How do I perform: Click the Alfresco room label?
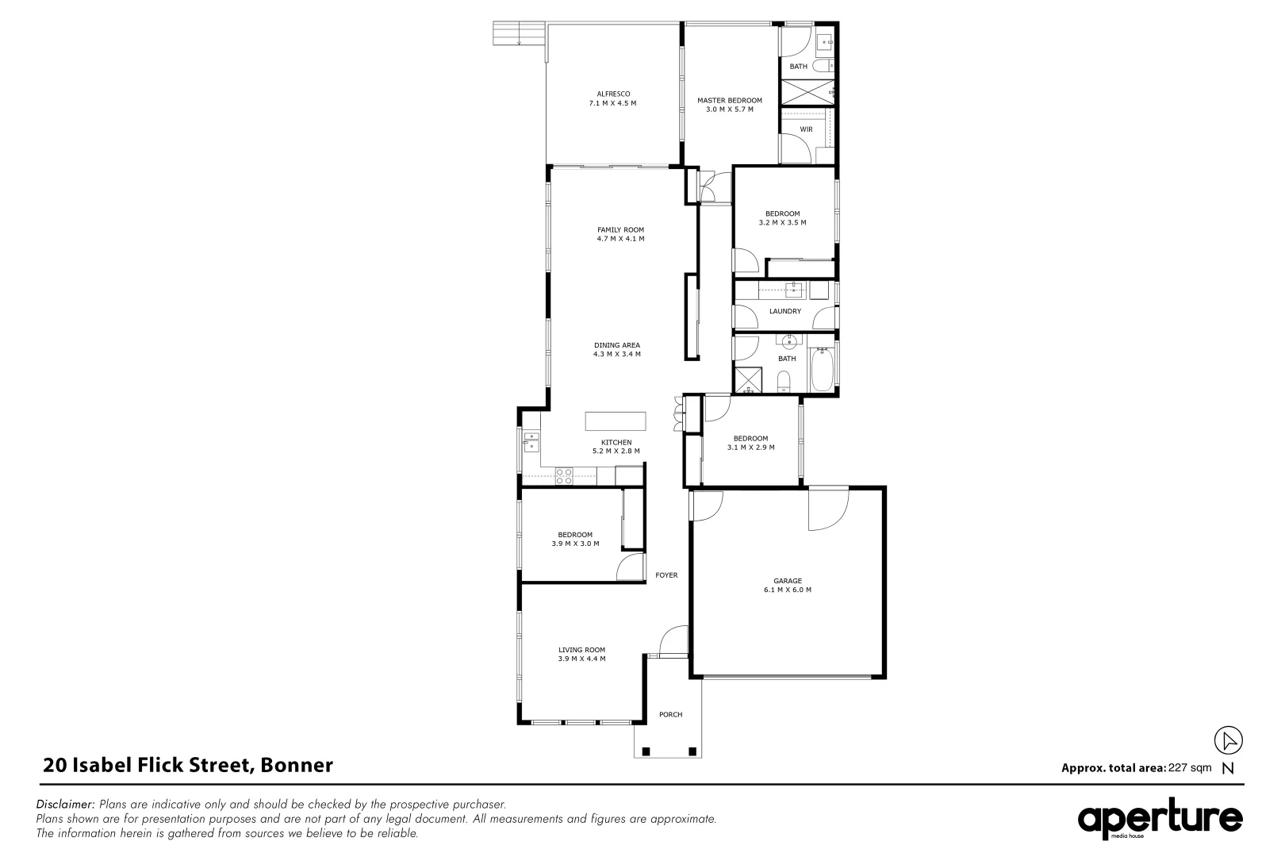click(x=613, y=94)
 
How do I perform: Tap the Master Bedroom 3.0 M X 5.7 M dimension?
click(x=729, y=110)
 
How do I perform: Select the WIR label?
click(x=806, y=129)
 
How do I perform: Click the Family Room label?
click(x=620, y=229)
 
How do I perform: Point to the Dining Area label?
click(x=616, y=345)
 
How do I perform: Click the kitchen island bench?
click(x=616, y=421)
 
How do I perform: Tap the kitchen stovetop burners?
click(x=564, y=476)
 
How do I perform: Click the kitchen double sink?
click(x=530, y=440)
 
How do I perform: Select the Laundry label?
click(x=784, y=311)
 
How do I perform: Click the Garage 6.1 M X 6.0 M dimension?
click(x=787, y=590)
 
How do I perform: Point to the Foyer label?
click(x=666, y=575)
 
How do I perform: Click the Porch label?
click(x=670, y=714)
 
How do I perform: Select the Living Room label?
click(x=581, y=650)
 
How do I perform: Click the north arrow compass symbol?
click(x=1228, y=741)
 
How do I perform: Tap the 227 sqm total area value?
click(x=1190, y=767)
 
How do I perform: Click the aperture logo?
click(x=1160, y=819)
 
